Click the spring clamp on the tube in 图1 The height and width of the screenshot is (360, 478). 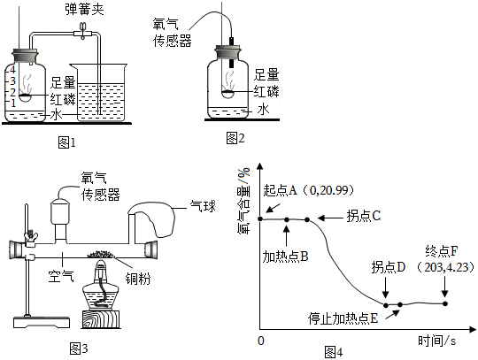point(82,31)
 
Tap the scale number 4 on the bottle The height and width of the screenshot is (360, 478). point(12,70)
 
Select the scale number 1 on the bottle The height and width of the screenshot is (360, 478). point(12,103)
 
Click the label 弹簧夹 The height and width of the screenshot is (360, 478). point(84,9)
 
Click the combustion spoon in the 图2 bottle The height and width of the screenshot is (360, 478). point(227,94)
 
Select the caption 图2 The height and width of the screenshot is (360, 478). point(235,138)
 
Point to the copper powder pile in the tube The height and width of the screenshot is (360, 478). point(100,254)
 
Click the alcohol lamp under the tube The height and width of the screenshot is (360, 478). point(101,286)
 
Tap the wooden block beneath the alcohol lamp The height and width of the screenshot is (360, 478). point(101,319)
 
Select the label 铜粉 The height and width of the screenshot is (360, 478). point(138,279)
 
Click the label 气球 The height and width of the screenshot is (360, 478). point(203,206)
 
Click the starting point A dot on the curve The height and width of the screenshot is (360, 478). point(260,218)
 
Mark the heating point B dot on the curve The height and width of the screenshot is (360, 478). point(287,219)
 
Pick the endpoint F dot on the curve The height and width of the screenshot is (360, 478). point(445,303)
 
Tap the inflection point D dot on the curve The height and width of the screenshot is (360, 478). point(386,305)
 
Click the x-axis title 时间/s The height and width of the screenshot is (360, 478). point(437,341)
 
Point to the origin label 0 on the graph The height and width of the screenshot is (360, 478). point(260,341)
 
